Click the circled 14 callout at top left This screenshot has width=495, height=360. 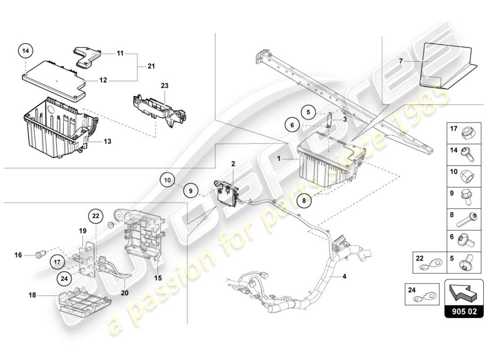[26, 51]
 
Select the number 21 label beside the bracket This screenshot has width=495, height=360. [151, 67]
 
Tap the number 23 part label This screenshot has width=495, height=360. [165, 85]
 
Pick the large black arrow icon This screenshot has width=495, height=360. [463, 295]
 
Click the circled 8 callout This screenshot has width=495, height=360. [304, 202]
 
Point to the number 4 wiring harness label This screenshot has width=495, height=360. [344, 276]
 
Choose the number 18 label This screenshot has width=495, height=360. [31, 296]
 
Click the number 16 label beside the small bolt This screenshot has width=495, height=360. [18, 255]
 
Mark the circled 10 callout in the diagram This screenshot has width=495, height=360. [167, 180]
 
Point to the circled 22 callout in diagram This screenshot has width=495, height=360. [95, 216]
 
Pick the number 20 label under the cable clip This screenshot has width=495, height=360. [124, 292]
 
